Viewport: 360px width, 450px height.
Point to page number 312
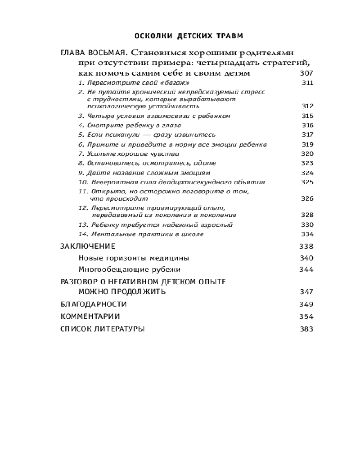(307, 106)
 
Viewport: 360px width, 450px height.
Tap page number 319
(307, 144)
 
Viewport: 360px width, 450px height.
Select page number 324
(307, 173)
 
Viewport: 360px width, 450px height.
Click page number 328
(307, 215)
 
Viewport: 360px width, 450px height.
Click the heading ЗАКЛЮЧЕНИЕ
(87, 246)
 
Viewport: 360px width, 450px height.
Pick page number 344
(306, 270)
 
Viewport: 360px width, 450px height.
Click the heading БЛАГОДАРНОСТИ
(93, 305)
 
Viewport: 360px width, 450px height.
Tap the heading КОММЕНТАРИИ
(90, 316)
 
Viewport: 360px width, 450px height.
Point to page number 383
(306, 329)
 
